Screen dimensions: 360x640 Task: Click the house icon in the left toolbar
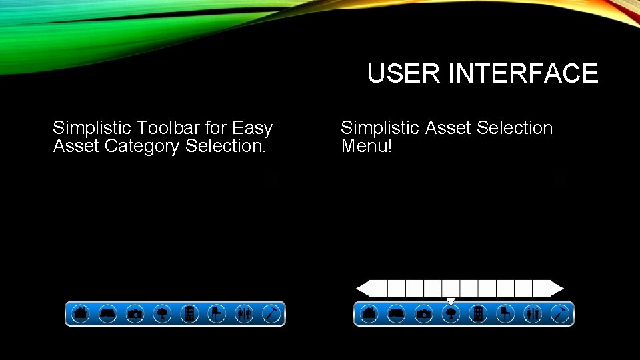click(x=81, y=313)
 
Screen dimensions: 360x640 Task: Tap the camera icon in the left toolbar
click(x=135, y=313)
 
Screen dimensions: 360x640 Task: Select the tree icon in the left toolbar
click(x=162, y=313)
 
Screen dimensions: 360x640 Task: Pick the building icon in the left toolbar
click(x=189, y=313)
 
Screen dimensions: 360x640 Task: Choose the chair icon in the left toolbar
click(x=217, y=313)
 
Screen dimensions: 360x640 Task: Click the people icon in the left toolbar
click(x=244, y=313)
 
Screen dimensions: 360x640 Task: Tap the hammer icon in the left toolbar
click(x=271, y=313)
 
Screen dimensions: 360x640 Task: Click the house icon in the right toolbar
click(x=369, y=313)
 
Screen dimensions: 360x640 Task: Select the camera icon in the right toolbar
click(x=423, y=313)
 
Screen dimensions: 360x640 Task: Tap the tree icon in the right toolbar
click(x=451, y=313)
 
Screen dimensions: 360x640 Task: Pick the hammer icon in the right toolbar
click(x=559, y=313)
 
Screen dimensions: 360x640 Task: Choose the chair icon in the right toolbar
click(x=505, y=313)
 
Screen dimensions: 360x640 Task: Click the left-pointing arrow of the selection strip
click(x=362, y=289)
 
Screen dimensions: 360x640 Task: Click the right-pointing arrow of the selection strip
click(x=557, y=289)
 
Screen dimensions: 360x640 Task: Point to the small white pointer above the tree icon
click(x=451, y=301)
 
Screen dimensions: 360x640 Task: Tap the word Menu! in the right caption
click(x=366, y=145)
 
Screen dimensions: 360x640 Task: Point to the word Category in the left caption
click(x=143, y=145)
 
